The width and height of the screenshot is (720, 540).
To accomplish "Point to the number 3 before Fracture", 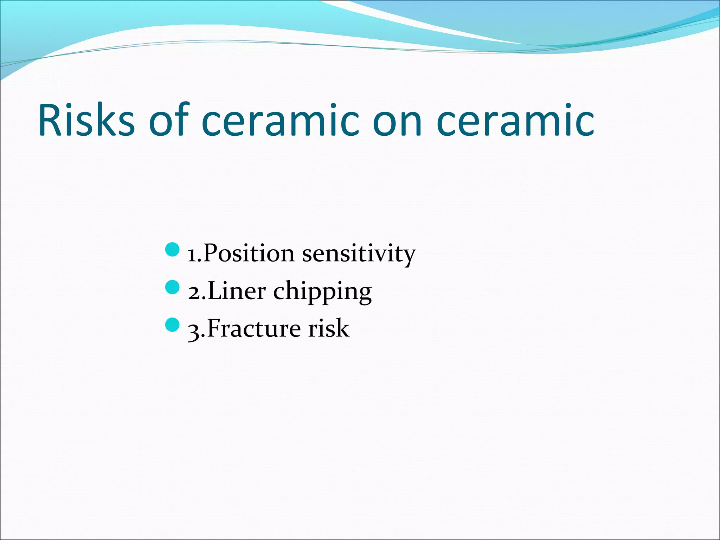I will coord(194,332).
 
